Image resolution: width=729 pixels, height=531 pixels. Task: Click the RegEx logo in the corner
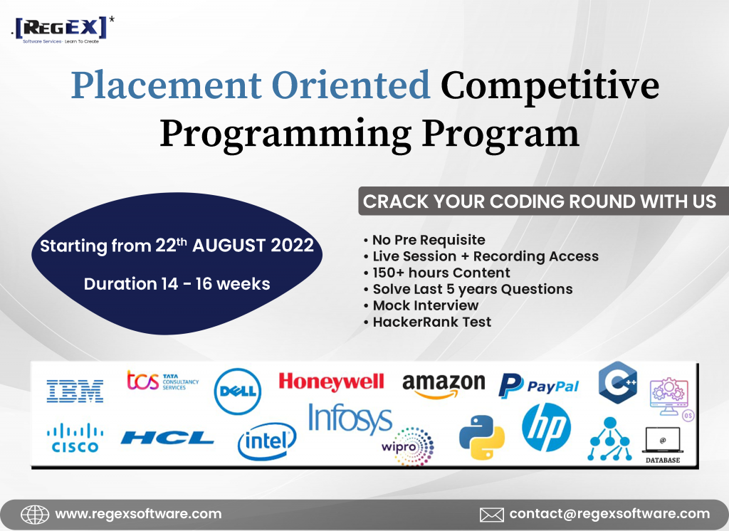tap(63, 30)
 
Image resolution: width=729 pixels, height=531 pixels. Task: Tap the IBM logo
tap(75, 391)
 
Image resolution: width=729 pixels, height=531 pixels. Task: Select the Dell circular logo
tap(238, 391)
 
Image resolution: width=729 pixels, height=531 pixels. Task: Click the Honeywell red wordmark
tap(331, 382)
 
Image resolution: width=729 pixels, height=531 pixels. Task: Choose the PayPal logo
tap(538, 386)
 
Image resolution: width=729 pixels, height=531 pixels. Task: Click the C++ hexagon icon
tap(617, 382)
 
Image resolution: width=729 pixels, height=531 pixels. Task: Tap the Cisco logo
tap(75, 438)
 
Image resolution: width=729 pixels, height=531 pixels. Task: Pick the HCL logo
tap(167, 438)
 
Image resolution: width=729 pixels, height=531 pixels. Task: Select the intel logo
tap(267, 441)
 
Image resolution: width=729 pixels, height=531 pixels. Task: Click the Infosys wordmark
tap(350, 419)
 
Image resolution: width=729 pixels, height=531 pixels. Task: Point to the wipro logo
tap(408, 446)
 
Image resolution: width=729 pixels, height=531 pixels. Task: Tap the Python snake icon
tap(482, 438)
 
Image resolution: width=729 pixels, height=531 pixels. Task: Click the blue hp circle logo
tap(546, 427)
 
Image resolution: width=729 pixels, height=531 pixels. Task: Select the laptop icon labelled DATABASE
tap(663, 445)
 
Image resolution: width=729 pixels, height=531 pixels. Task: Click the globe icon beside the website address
tap(35, 515)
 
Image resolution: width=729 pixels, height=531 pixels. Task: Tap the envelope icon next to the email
tap(491, 515)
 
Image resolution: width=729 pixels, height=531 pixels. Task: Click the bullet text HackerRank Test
tap(432, 322)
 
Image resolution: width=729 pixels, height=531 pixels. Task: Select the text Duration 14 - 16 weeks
tap(177, 283)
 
